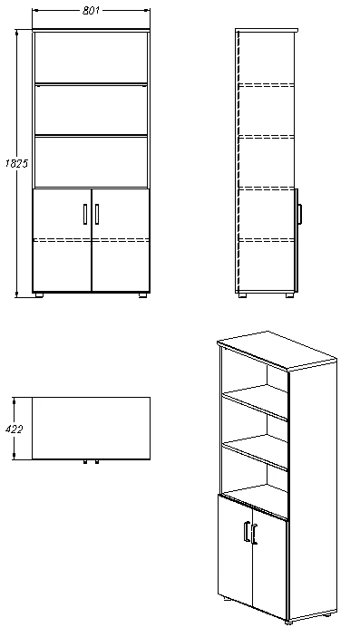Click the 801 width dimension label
(91, 11)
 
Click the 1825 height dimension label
(16, 163)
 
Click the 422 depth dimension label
(15, 429)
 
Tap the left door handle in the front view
(85, 214)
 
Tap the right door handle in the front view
(97, 214)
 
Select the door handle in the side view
(300, 214)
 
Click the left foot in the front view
(39, 295)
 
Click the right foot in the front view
(142, 295)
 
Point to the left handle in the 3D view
(246, 531)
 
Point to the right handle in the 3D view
(254, 535)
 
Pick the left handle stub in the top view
(85, 461)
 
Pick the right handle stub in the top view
(97, 461)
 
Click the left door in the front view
(63, 240)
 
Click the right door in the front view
(121, 240)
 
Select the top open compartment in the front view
(91, 58)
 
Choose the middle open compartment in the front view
(91, 111)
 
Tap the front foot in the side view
(289, 295)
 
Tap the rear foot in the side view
(242, 295)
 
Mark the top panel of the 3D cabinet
(277, 350)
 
